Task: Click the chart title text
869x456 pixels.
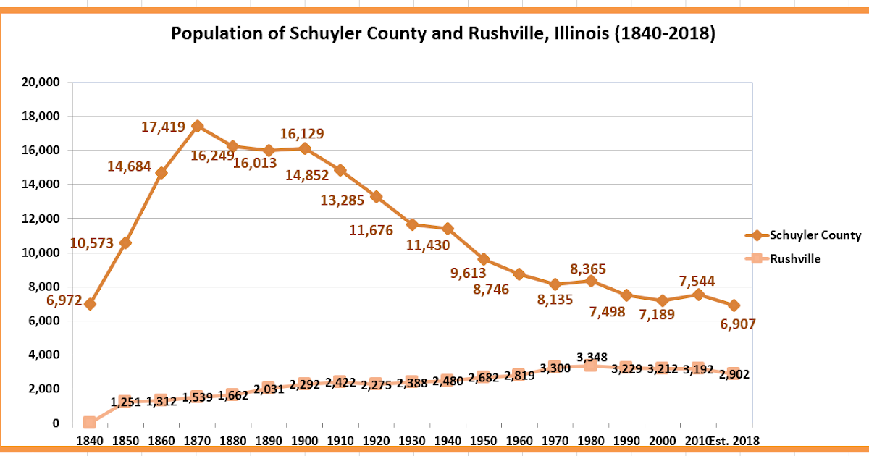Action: pos(442,34)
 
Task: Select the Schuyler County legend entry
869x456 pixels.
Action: pos(815,235)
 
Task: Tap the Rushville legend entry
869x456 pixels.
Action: pos(794,258)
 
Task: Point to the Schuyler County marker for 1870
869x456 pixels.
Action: pos(197,126)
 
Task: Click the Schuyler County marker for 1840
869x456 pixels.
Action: pos(89,304)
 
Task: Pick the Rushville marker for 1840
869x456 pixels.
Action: pos(89,422)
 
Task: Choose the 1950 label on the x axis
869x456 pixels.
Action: pos(483,440)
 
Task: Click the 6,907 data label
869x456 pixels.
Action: pos(738,324)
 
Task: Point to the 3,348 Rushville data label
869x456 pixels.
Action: pos(592,357)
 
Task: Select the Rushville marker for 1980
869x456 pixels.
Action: pos(591,366)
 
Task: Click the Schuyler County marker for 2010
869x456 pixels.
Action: pos(698,295)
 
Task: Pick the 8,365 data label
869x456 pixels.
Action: pos(588,269)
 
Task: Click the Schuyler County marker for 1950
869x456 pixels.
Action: pos(484,259)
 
